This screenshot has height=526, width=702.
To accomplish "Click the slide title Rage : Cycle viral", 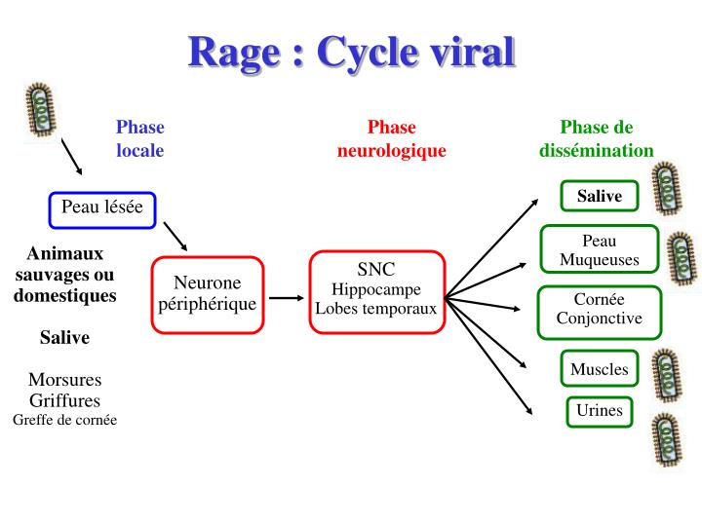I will pos(351,51).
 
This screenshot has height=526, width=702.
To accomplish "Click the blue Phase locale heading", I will pos(140,138).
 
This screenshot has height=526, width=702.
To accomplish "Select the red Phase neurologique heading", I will pos(391,138).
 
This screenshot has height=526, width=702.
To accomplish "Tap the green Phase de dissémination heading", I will pos(596,138).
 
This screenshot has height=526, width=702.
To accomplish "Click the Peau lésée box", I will pos(102,207).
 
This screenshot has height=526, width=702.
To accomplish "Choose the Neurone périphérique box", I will pos(207,292).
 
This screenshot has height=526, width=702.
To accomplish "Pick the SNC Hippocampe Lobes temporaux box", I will pos(376,288).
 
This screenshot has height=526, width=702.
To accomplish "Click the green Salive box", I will pos(599,196).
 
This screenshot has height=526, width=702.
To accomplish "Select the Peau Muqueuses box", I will pos(599,250).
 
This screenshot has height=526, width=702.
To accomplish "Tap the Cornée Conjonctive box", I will pos(599,309).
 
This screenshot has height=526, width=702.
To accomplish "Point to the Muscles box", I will pos(599,369).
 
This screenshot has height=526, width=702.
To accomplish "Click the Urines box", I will pos(599,410).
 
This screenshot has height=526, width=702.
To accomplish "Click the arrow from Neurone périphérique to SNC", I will pos(287,298).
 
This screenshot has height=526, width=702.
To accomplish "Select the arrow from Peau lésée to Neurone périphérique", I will pos(175,235).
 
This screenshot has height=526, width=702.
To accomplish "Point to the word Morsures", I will pos(64,379).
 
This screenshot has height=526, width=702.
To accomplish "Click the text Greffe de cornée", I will pos(64,420).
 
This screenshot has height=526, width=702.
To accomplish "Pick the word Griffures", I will pos(64,399).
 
